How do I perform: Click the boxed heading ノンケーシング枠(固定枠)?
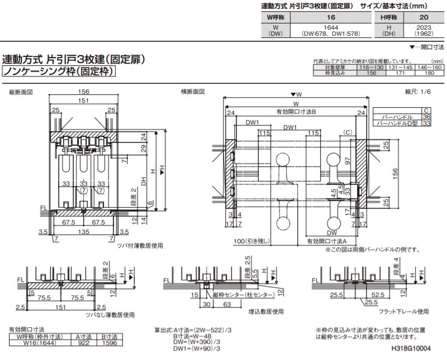tap(59, 71)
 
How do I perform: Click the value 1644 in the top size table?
tap(316, 27)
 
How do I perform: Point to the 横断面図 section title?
tap(193, 92)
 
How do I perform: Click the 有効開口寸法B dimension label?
tap(296, 112)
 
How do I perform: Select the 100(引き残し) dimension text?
tap(253, 241)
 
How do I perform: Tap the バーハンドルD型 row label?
tap(397, 123)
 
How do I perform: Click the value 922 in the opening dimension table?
tap(83, 344)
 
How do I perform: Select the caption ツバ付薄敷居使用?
tap(140, 245)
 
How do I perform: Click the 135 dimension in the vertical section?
tap(83, 231)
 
